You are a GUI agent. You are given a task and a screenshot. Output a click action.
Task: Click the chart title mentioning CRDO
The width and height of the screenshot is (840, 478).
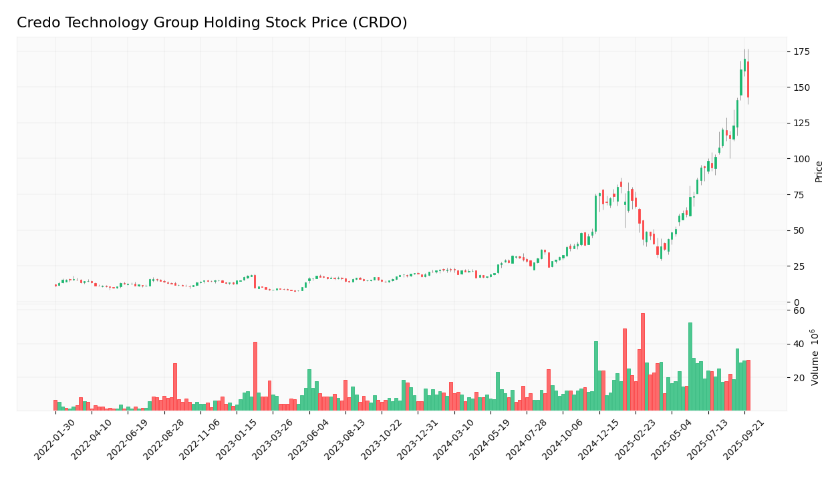click(212, 23)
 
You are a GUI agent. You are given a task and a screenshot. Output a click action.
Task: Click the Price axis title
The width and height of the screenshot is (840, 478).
click(819, 172)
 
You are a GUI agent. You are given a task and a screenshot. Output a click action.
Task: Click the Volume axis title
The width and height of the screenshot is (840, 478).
click(815, 357)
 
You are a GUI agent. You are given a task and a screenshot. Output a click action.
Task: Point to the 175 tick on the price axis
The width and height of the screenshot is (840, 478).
click(801, 51)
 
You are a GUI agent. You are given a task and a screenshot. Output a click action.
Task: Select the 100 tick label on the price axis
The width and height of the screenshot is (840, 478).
click(801, 159)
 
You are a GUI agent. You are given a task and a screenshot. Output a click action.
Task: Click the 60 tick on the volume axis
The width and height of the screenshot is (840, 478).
click(799, 310)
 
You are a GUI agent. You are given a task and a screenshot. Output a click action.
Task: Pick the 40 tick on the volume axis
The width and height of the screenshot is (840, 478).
click(799, 344)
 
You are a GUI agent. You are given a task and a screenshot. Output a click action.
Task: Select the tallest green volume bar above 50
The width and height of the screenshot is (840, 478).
click(690, 367)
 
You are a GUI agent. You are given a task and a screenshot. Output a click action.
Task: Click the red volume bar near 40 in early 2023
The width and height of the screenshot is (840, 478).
click(255, 377)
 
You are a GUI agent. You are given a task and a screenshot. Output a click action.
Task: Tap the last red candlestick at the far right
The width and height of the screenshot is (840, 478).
click(748, 79)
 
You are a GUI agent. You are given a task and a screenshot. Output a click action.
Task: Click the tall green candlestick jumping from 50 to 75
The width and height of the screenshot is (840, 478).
click(595, 214)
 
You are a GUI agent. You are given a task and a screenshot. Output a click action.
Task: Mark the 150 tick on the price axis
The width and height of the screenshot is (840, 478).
click(801, 87)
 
